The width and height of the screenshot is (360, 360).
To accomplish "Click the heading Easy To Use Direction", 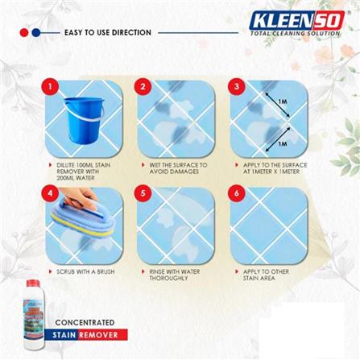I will tap(107, 33).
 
